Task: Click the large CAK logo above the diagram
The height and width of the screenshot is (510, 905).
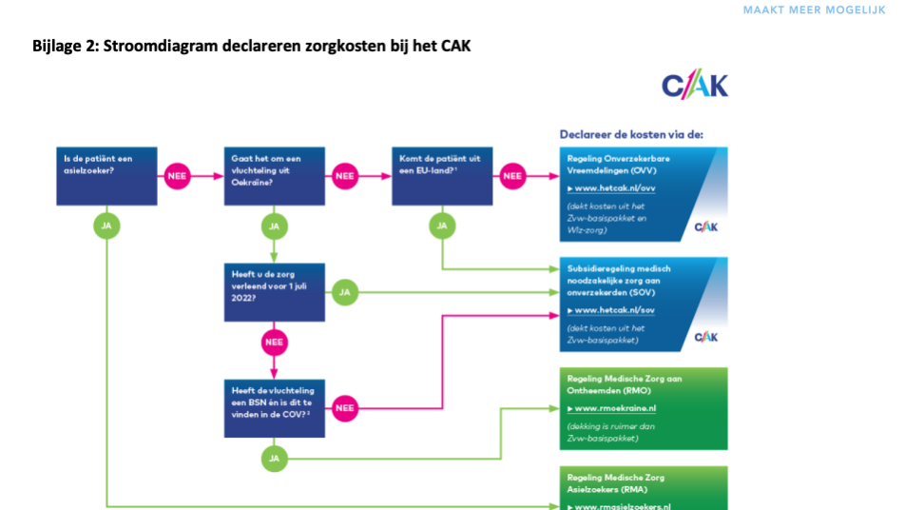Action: [x=695, y=87]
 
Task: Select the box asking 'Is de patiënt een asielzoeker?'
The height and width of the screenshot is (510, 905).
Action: [x=106, y=176]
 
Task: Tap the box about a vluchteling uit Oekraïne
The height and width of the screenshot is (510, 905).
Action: [x=274, y=176]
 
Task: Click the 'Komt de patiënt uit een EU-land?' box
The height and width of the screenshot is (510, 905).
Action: [x=441, y=176]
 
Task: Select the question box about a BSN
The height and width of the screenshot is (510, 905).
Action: [x=274, y=407]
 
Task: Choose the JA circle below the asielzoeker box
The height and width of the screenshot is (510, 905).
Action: [x=106, y=226]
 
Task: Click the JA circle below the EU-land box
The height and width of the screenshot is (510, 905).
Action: [x=441, y=226]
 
